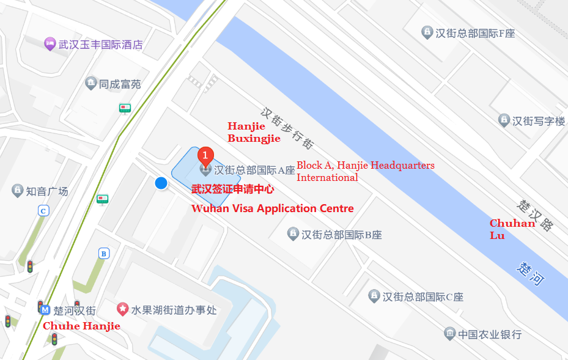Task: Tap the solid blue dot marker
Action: coord(161,183)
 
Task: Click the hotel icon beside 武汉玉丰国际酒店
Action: coord(50,44)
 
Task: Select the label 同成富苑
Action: coord(120,84)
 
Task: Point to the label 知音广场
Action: coord(47,191)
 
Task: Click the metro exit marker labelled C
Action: coord(43,211)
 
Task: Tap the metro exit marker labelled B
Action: coord(105,254)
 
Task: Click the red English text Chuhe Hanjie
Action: coord(81,326)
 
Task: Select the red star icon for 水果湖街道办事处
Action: coord(122,310)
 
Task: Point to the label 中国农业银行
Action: coord(490,334)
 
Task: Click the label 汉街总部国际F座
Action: coord(475,33)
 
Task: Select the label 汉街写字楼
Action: coord(538,121)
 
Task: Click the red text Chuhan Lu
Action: coord(512,229)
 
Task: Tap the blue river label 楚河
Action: coord(530,273)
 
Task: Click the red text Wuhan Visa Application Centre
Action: coord(273,208)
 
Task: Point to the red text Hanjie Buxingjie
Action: coord(254,132)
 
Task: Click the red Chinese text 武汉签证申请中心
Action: coord(232,189)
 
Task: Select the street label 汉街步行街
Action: coord(287,128)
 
